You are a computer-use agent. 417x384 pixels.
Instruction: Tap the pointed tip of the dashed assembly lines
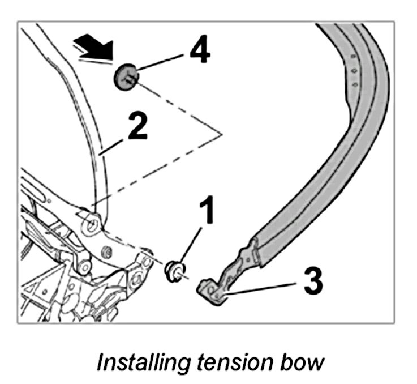222,134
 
